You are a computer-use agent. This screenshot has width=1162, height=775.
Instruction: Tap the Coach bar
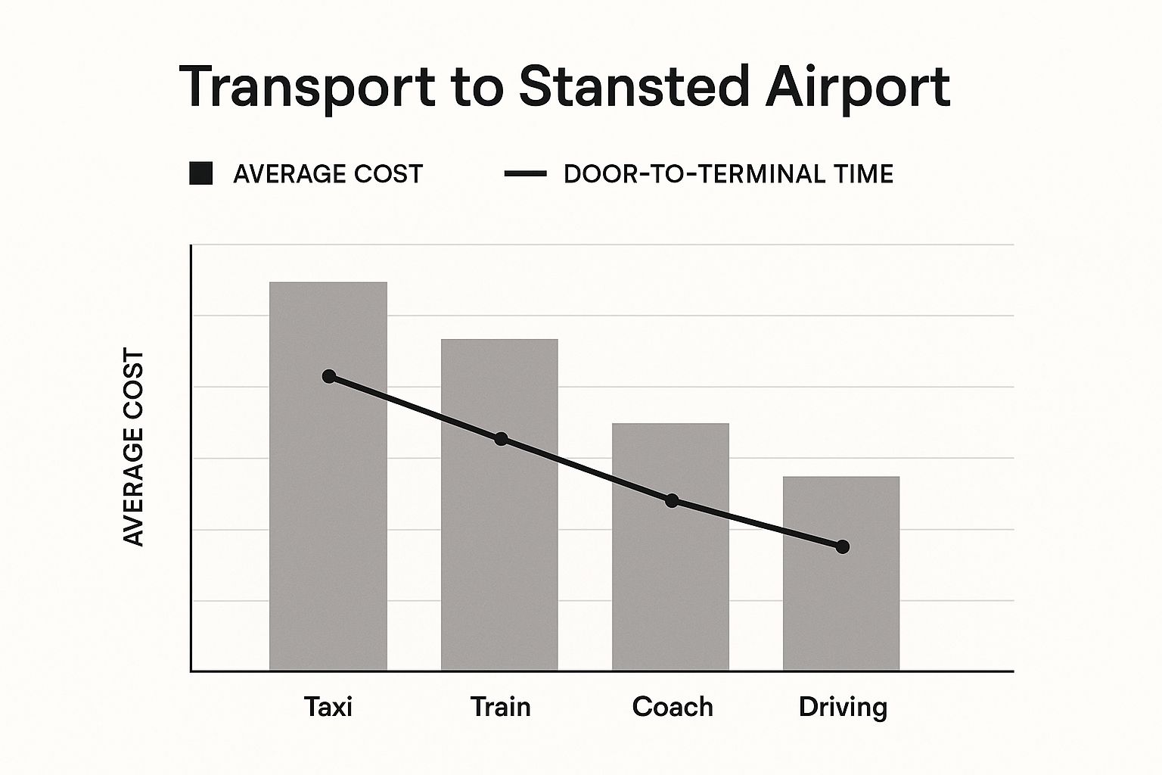coord(670,583)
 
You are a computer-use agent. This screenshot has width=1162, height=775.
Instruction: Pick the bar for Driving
coord(841,605)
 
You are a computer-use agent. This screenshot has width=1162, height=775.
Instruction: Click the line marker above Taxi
coord(328,376)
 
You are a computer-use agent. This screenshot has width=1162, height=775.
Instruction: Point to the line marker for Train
coord(500,439)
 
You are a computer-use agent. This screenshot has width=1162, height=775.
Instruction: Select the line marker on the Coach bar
coord(672,500)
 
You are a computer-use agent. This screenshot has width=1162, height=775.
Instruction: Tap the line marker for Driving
coord(843,546)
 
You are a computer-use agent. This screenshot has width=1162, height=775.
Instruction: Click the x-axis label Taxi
coord(328,706)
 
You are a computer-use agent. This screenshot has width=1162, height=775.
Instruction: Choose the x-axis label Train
coord(500,706)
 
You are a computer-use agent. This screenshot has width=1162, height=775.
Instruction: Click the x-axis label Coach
coord(672,706)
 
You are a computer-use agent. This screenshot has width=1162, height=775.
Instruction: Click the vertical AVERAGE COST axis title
coord(133,447)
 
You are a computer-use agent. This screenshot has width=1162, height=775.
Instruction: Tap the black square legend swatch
coord(200,173)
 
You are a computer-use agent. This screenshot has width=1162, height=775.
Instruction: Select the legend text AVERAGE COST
coord(328,174)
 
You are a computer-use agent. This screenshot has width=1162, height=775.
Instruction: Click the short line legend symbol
coord(525,173)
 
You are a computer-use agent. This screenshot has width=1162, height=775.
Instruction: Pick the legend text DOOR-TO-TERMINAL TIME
coord(728,174)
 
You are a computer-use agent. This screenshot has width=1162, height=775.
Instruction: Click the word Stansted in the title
coord(633,86)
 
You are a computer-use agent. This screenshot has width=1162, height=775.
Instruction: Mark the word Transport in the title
coord(307,88)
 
